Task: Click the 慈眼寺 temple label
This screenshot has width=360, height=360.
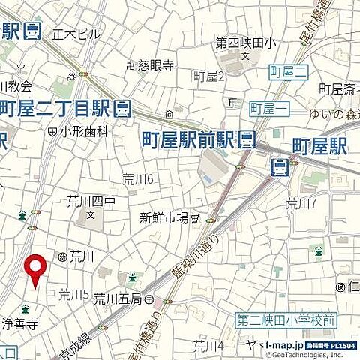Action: click(x=157, y=64)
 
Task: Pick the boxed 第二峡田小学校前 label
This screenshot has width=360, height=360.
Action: click(x=286, y=320)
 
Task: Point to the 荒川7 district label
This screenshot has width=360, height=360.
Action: click(x=301, y=203)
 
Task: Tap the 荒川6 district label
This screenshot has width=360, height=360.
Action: click(x=138, y=178)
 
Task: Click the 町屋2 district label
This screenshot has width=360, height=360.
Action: click(x=209, y=75)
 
